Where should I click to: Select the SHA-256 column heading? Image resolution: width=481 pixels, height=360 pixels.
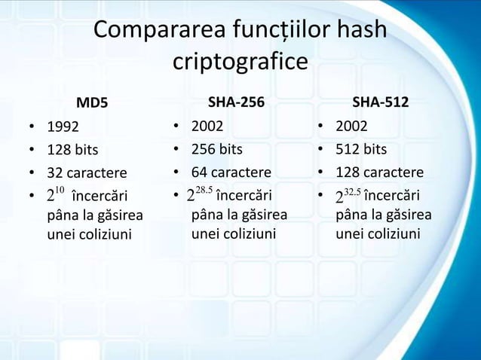235,102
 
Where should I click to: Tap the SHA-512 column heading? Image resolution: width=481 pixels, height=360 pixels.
381,102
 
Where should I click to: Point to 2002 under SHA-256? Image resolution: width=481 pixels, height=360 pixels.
207,125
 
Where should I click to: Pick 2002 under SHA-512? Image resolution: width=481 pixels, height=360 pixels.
351,125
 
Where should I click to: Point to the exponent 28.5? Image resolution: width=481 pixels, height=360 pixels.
204,188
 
